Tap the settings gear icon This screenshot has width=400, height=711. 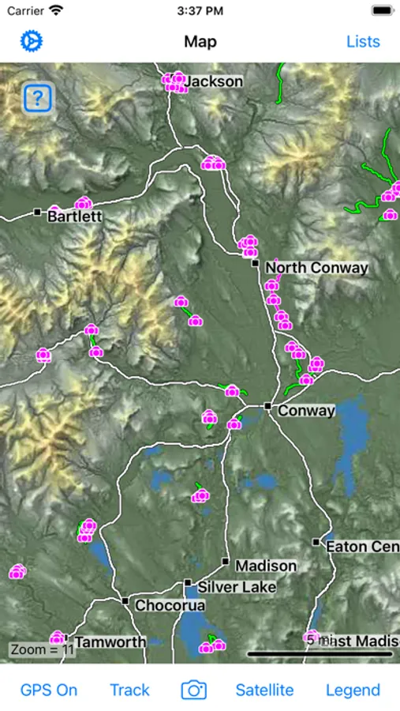coord(32,41)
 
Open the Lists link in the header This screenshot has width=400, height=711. coord(363,41)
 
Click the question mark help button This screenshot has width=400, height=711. coord(38,99)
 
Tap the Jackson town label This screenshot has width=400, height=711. coord(215,81)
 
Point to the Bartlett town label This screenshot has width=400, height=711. coord(75,216)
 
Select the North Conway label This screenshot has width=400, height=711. coord(316,268)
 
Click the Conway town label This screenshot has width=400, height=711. coord(306,411)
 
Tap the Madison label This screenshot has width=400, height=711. coord(266,566)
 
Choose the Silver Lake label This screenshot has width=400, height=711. coord(237,587)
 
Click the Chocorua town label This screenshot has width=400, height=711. coord(170,606)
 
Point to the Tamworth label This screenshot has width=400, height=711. coord(110,641)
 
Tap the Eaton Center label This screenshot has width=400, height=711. coord(362,546)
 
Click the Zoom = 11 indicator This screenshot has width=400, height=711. coord(42,650)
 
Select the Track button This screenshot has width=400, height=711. coord(129,690)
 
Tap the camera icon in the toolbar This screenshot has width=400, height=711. coord(194,690)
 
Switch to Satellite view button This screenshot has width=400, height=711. coord(264,690)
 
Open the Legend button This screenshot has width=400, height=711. coord(353,690)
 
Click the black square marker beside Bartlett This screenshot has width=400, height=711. coord(37,212)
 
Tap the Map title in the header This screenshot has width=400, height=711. coord(200,41)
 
